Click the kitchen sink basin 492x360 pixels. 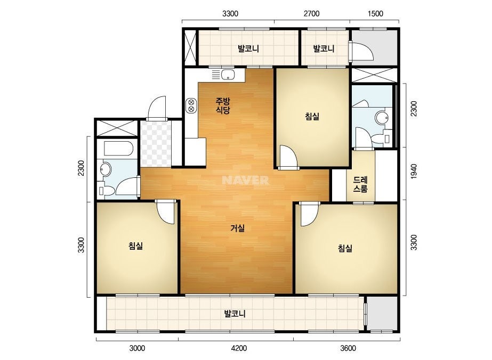pyautogui.click(x=228, y=75)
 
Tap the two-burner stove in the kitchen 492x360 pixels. pyautogui.click(x=191, y=105)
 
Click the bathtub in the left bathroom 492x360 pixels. pyautogui.click(x=119, y=149)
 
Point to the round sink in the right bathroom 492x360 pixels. pyautogui.click(x=382, y=118)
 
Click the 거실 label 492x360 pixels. pyautogui.click(x=238, y=228)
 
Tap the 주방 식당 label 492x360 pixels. pyautogui.click(x=223, y=105)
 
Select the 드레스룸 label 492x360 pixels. pyautogui.click(x=360, y=184)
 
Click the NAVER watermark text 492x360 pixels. pyautogui.click(x=245, y=180)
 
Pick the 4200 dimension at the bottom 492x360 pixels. pyautogui.click(x=239, y=348)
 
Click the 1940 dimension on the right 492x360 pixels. pyautogui.click(x=414, y=171)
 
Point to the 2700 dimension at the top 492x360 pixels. pyautogui.click(x=312, y=13)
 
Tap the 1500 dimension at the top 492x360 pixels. pyautogui.click(x=375, y=13)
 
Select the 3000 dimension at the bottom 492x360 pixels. pyautogui.click(x=137, y=348)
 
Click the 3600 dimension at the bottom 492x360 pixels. pyautogui.click(x=348, y=348)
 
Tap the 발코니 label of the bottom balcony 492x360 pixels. pyautogui.click(x=235, y=314)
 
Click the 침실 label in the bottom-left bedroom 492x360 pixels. pyautogui.click(x=135, y=246)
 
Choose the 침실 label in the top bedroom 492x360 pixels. pyautogui.click(x=312, y=116)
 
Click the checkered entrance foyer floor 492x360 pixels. pyautogui.click(x=156, y=144)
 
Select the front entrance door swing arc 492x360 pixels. pyautogui.click(x=155, y=102)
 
